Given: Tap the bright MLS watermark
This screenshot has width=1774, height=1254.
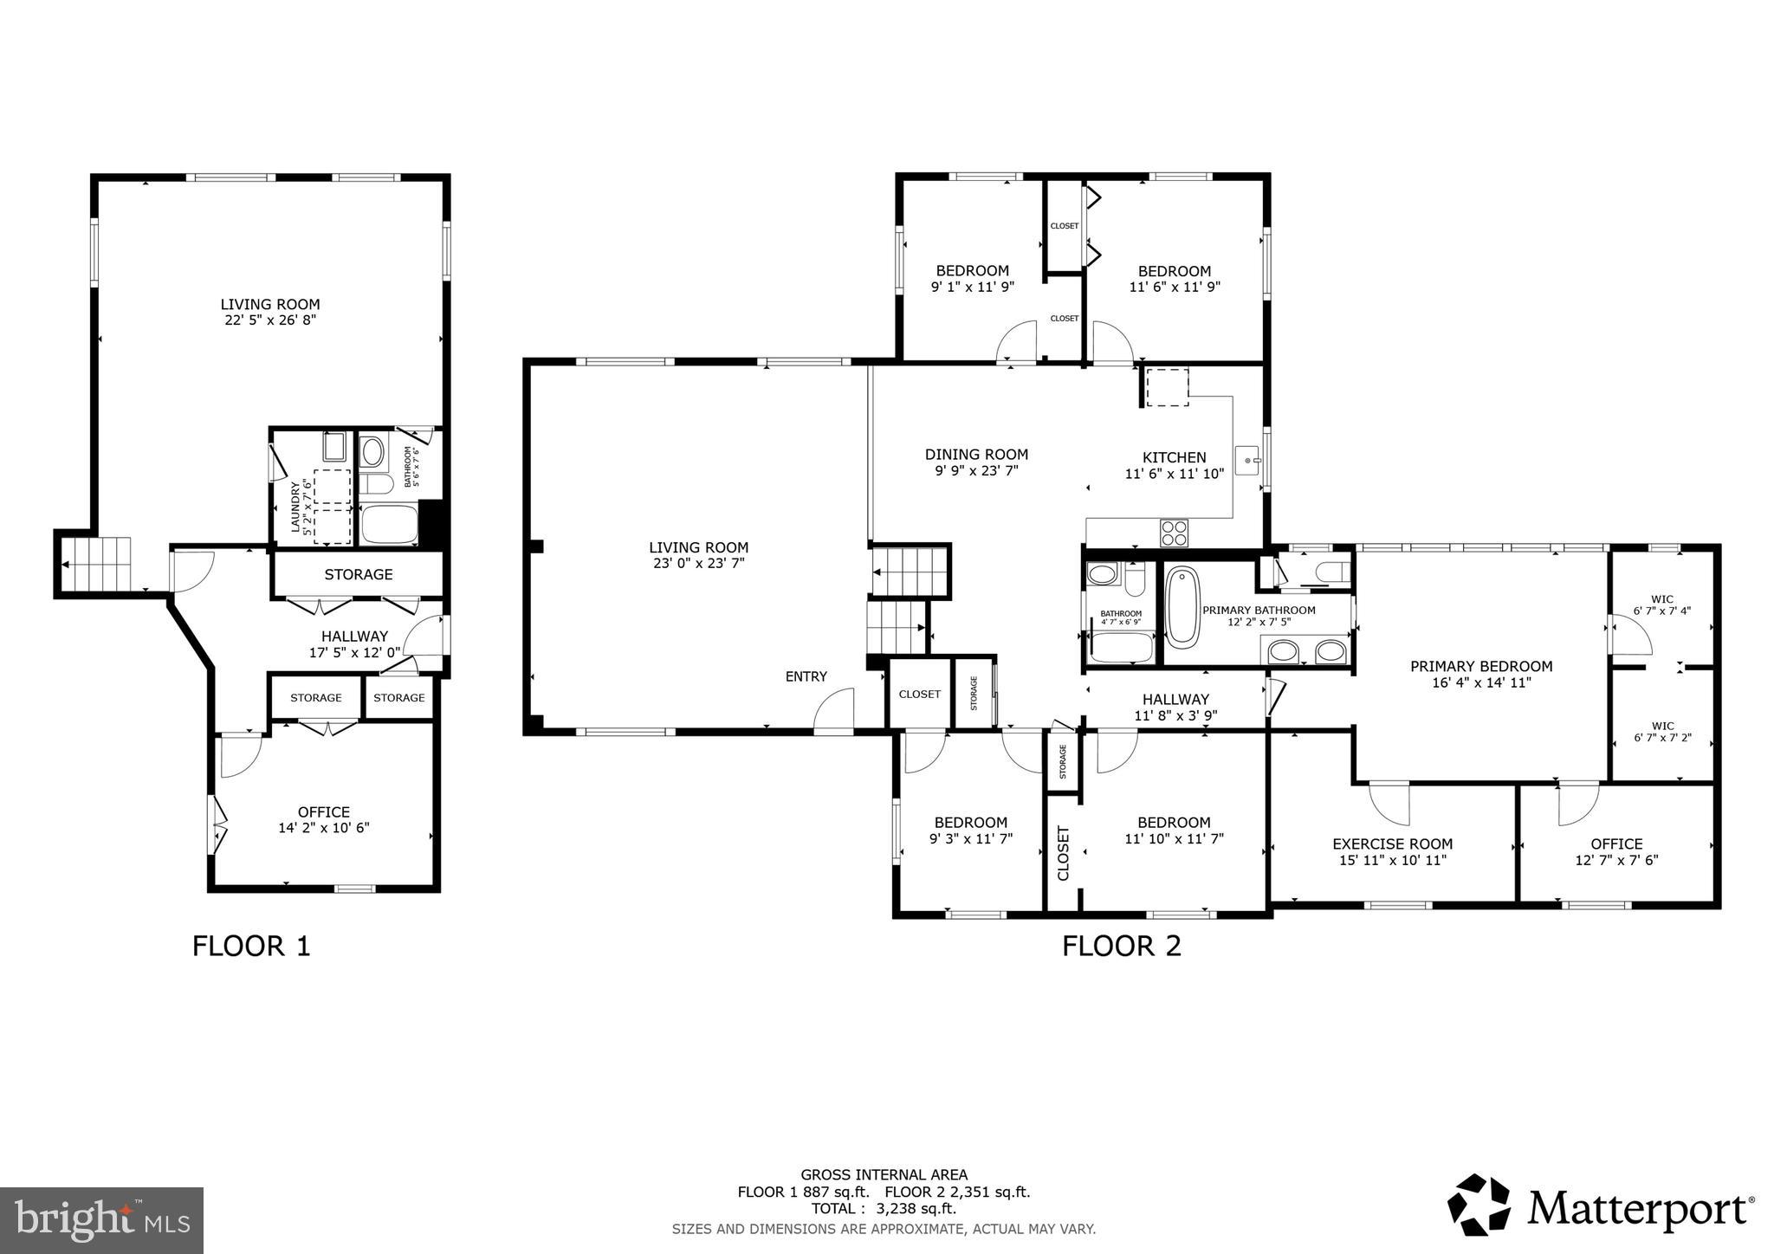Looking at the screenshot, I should point(101,1219).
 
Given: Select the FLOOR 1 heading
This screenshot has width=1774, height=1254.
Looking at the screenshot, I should point(251,946).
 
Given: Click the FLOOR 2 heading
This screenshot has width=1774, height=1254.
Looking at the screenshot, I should point(1122,946).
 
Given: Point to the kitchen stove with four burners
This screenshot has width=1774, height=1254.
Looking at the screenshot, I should point(1175,532).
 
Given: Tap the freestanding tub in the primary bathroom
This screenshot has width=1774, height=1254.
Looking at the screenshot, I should point(1182,606).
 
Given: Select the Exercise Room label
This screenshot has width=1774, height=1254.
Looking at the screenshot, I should point(1392,844).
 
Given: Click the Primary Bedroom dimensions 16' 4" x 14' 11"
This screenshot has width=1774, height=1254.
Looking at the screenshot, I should point(1481,682).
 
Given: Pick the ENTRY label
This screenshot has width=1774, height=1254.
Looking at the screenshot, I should point(806,676).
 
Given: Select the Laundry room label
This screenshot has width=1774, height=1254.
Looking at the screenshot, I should point(295,507).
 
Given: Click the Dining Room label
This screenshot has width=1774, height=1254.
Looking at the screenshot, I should point(976,454).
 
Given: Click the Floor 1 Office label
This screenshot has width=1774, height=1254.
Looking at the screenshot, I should point(324,811).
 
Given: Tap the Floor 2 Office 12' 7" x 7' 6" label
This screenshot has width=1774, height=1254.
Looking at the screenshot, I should point(1616,851).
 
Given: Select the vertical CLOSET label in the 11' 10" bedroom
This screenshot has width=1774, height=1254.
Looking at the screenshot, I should point(1064,853).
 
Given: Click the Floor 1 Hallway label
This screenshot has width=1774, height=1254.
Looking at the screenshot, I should point(354,636).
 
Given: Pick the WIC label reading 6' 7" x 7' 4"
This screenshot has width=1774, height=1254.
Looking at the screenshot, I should point(1661,604).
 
